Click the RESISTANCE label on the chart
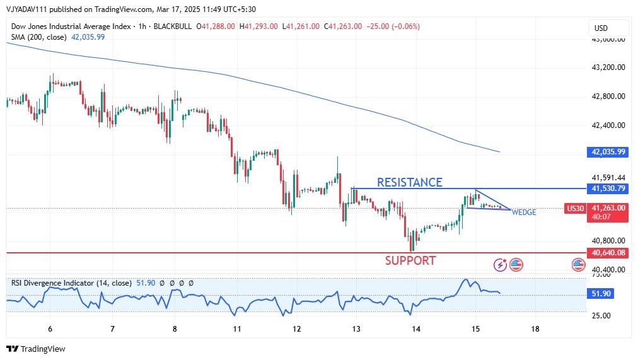[x=409, y=182]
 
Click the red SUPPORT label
[x=410, y=260]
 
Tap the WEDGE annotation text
[x=524, y=212]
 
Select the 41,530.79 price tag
[x=608, y=189]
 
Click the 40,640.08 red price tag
[x=608, y=253]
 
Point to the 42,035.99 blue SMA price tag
[x=608, y=152]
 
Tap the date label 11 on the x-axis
[x=237, y=329]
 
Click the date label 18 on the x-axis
[x=535, y=329]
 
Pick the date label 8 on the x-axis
[x=175, y=329]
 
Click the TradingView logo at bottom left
[x=36, y=349]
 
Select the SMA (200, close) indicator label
[x=38, y=37]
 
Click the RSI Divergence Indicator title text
[x=53, y=283]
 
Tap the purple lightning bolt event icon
[x=501, y=265]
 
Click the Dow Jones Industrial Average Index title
[x=71, y=26]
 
